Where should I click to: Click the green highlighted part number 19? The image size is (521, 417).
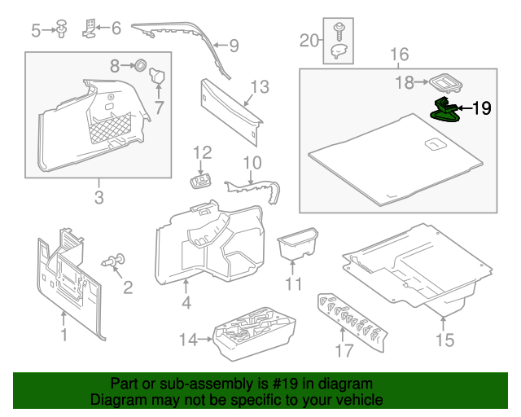[444, 109]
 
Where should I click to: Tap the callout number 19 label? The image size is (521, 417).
[481, 108]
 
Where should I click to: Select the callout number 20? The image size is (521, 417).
[309, 40]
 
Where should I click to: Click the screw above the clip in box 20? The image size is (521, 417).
[338, 33]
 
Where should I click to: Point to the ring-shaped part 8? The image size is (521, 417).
[138, 64]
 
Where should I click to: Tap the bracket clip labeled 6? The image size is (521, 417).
[91, 29]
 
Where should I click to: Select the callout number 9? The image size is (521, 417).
[233, 46]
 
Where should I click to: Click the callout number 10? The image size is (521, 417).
[252, 162]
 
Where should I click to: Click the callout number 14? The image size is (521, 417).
[188, 340]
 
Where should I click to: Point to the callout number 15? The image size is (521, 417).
[444, 338]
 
